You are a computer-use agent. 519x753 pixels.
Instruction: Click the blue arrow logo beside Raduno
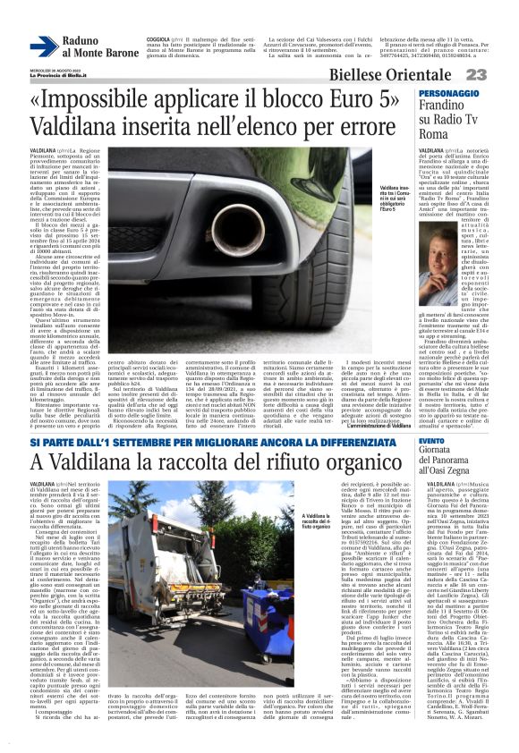[43, 47]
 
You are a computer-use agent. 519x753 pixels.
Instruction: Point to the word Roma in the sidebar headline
[433, 133]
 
